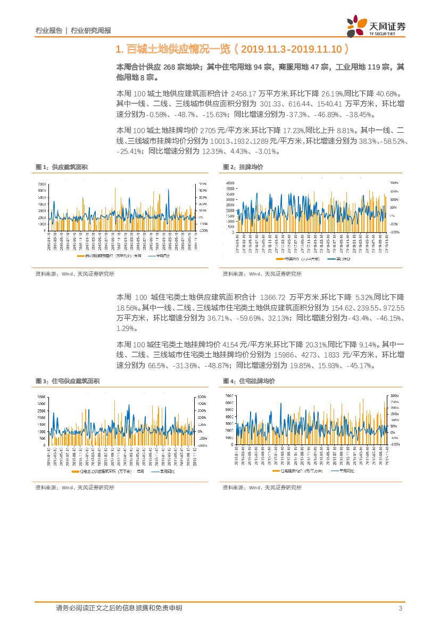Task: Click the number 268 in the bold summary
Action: [x=169, y=67]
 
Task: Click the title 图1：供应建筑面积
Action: [x=62, y=167]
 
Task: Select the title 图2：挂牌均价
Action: [x=243, y=167]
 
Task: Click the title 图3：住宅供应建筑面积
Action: [x=68, y=381]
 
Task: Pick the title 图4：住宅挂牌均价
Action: [x=248, y=381]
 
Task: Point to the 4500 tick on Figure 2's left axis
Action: [x=230, y=183]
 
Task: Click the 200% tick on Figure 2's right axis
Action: [x=394, y=183]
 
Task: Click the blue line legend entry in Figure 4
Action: [x=346, y=472]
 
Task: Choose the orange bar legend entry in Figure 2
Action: [x=295, y=258]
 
